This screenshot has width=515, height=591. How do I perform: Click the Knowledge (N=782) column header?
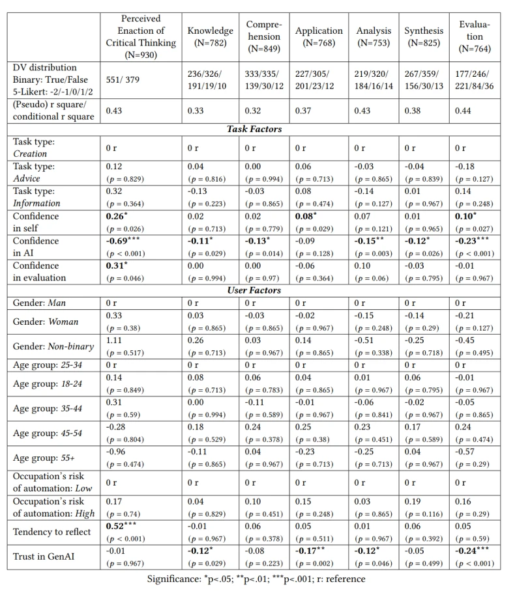[x=210, y=36]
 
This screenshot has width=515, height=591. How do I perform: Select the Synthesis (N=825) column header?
[x=424, y=36]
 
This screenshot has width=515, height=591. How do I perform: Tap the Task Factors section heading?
[x=254, y=129]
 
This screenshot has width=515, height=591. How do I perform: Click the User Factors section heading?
[x=254, y=290]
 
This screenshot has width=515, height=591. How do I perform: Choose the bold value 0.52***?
[x=120, y=526]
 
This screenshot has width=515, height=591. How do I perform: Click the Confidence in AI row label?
[x=35, y=247]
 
